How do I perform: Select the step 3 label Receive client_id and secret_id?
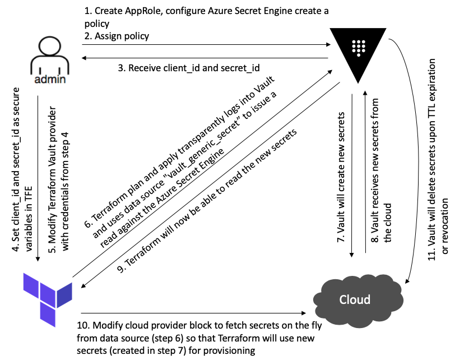[x=188, y=68]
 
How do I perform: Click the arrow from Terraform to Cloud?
[x=196, y=313]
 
